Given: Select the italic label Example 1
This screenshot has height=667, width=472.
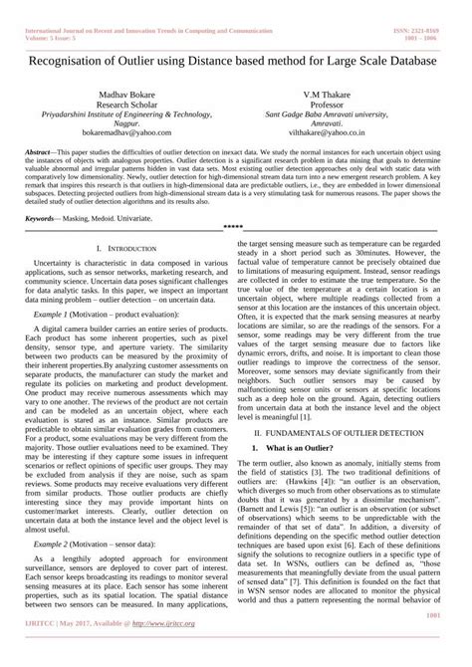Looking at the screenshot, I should [x=55, y=313].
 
